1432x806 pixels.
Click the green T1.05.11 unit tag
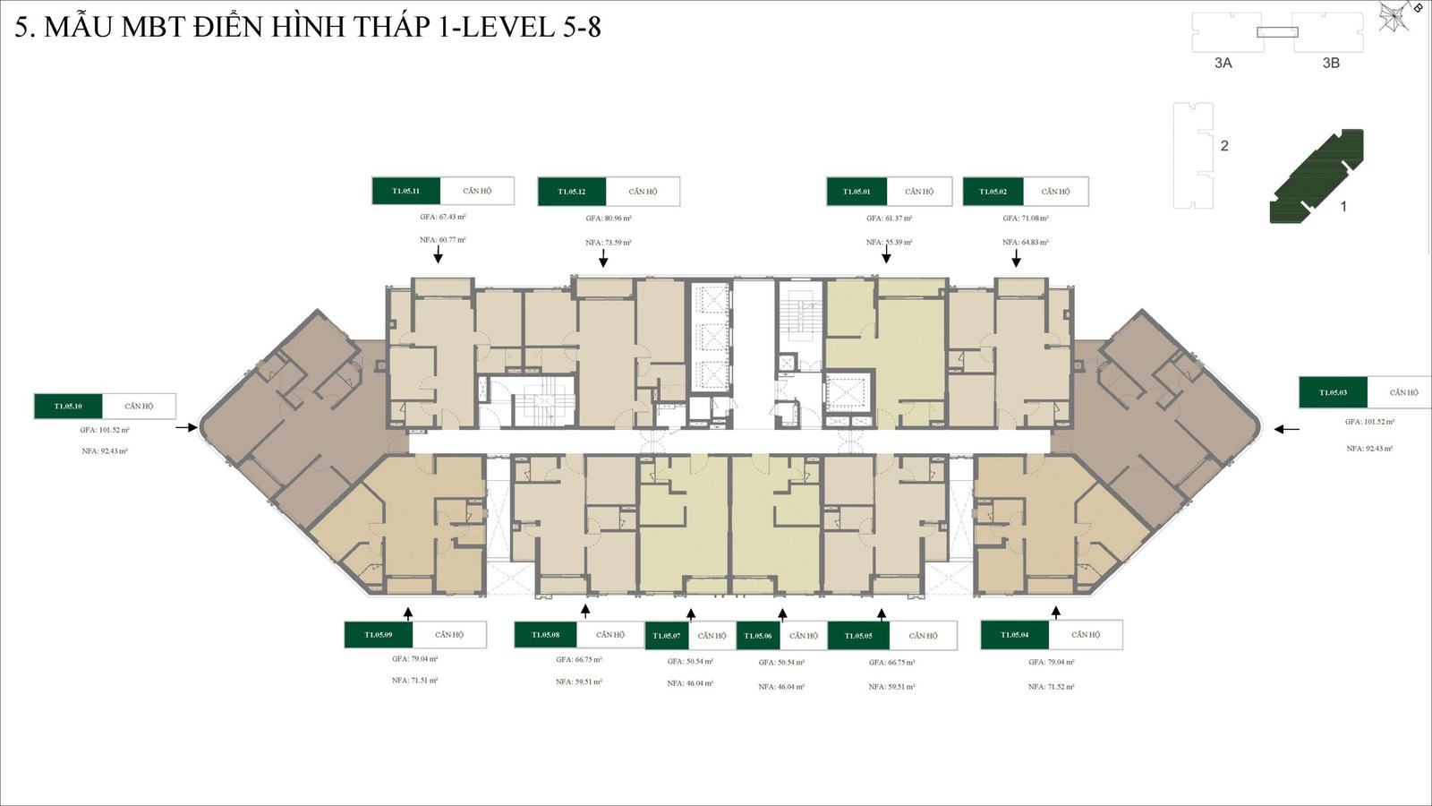click(x=405, y=191)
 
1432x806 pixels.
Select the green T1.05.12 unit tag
click(x=571, y=192)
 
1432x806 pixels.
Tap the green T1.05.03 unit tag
click(x=1333, y=392)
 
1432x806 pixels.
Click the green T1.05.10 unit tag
click(x=68, y=406)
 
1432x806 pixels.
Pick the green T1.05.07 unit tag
click(x=667, y=636)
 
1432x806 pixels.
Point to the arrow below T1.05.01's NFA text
click(x=886, y=255)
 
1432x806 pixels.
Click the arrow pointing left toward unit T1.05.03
click(x=1286, y=429)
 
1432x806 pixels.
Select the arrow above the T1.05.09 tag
click(x=408, y=613)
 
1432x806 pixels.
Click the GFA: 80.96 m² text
click(x=609, y=219)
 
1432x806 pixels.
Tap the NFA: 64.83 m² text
click(x=1026, y=243)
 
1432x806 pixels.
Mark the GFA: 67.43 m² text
click(x=443, y=217)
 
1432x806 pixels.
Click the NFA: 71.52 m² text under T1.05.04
click(x=1051, y=687)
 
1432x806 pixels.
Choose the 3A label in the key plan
click(x=1223, y=63)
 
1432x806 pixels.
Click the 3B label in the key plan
click(x=1331, y=63)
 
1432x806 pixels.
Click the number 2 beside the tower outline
click(x=1224, y=145)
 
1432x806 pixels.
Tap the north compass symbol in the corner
click(x=1395, y=16)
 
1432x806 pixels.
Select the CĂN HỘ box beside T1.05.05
click(x=923, y=636)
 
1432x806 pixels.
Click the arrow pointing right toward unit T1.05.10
click(x=186, y=428)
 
